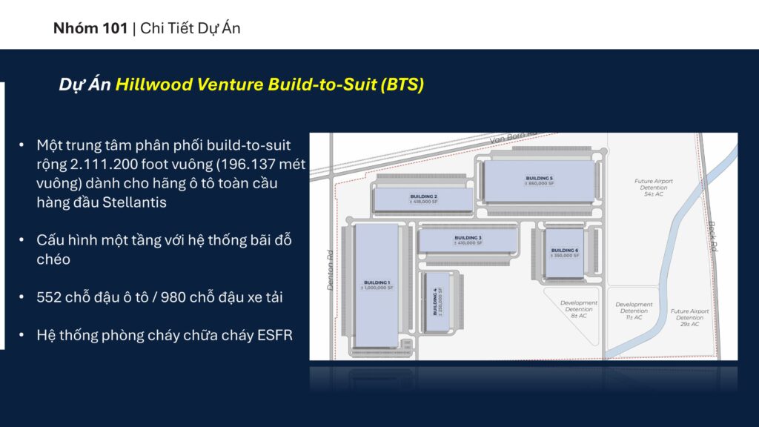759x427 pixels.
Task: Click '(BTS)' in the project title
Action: (x=402, y=85)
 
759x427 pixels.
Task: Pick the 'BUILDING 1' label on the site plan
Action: (x=377, y=282)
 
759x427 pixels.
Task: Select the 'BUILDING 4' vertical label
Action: (x=435, y=299)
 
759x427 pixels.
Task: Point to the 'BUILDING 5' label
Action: (x=539, y=179)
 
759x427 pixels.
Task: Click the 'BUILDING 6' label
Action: (x=564, y=251)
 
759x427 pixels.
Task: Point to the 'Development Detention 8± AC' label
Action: (x=578, y=308)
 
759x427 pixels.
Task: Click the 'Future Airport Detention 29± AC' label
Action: (x=689, y=317)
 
